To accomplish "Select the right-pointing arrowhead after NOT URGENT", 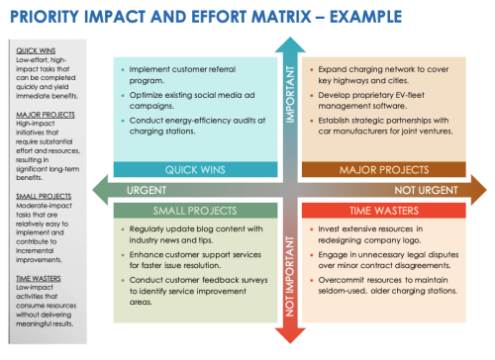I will pyautogui.click(x=477, y=190).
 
